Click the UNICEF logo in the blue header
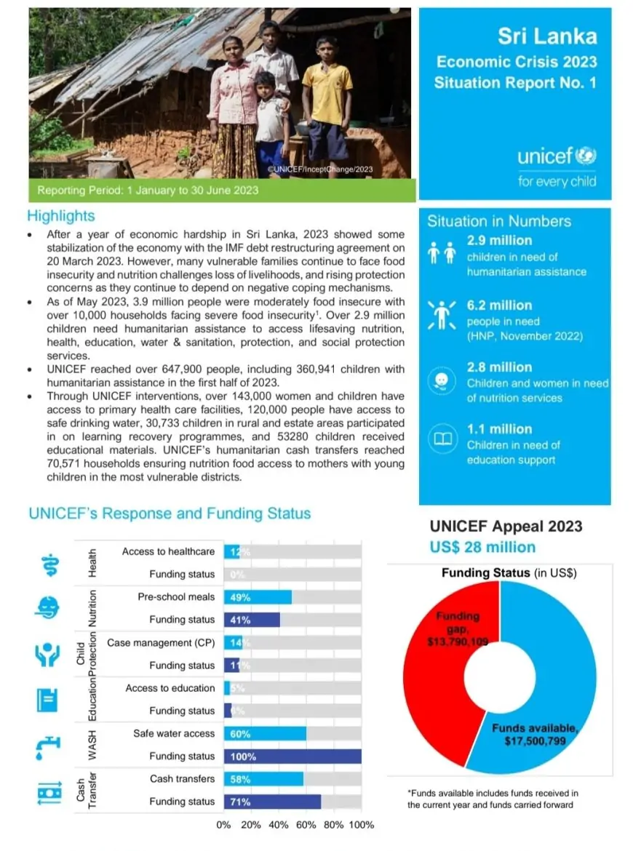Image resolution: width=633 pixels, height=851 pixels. coord(557,156)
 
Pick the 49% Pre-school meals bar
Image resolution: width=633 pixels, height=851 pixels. coord(258,597)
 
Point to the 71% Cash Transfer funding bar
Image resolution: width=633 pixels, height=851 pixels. coord(272,802)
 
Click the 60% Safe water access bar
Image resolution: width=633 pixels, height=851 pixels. coord(265,734)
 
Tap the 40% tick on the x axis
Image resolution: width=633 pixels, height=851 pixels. coord(279,825)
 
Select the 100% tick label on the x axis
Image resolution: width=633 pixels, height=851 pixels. coord(362,825)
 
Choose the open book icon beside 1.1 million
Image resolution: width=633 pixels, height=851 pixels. coord(444,439)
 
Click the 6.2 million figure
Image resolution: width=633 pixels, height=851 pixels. coord(499,305)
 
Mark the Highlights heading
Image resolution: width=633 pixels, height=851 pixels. coord(61,216)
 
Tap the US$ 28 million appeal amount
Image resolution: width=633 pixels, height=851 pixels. coord(482,547)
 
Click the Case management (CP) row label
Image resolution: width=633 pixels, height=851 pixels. coord(161,643)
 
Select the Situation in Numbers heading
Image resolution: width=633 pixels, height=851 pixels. coord(499,221)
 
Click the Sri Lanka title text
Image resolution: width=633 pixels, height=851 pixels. coord(547,36)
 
